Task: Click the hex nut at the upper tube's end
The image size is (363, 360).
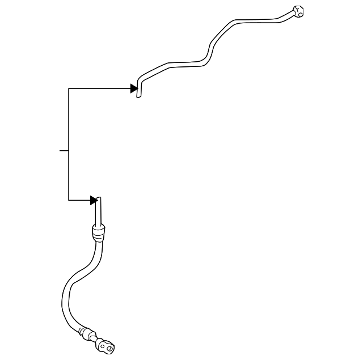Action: click(297, 11)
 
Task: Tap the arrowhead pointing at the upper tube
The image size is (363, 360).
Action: click(134, 88)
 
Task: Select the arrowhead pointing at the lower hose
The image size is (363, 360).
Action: click(94, 200)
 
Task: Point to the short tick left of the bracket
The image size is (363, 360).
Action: click(64, 151)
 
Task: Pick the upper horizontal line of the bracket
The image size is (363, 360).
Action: click(99, 88)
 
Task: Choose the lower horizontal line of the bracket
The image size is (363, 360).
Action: click(79, 200)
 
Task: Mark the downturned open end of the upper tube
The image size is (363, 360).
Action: click(139, 91)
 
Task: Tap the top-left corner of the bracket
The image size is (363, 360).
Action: click(69, 88)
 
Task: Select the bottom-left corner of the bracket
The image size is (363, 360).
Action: click(69, 200)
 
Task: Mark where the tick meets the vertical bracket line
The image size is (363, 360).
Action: click(69, 151)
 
